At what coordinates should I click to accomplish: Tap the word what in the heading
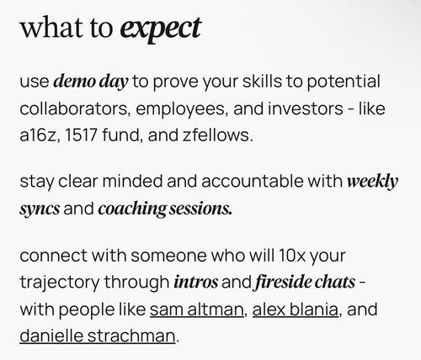(x=51, y=27)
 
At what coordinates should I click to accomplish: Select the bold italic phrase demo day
(x=91, y=82)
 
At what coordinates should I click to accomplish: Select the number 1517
(x=81, y=135)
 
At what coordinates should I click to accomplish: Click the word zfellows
(x=218, y=135)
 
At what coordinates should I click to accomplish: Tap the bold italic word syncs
(x=40, y=209)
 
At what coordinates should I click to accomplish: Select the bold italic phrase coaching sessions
(x=165, y=209)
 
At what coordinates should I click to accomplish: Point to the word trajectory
(x=60, y=283)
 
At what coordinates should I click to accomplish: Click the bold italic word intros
(x=195, y=283)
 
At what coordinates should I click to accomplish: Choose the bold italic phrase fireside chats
(x=304, y=282)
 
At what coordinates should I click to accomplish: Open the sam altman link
(x=197, y=310)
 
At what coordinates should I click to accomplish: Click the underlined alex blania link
(x=296, y=310)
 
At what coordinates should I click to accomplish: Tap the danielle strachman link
(x=98, y=336)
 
